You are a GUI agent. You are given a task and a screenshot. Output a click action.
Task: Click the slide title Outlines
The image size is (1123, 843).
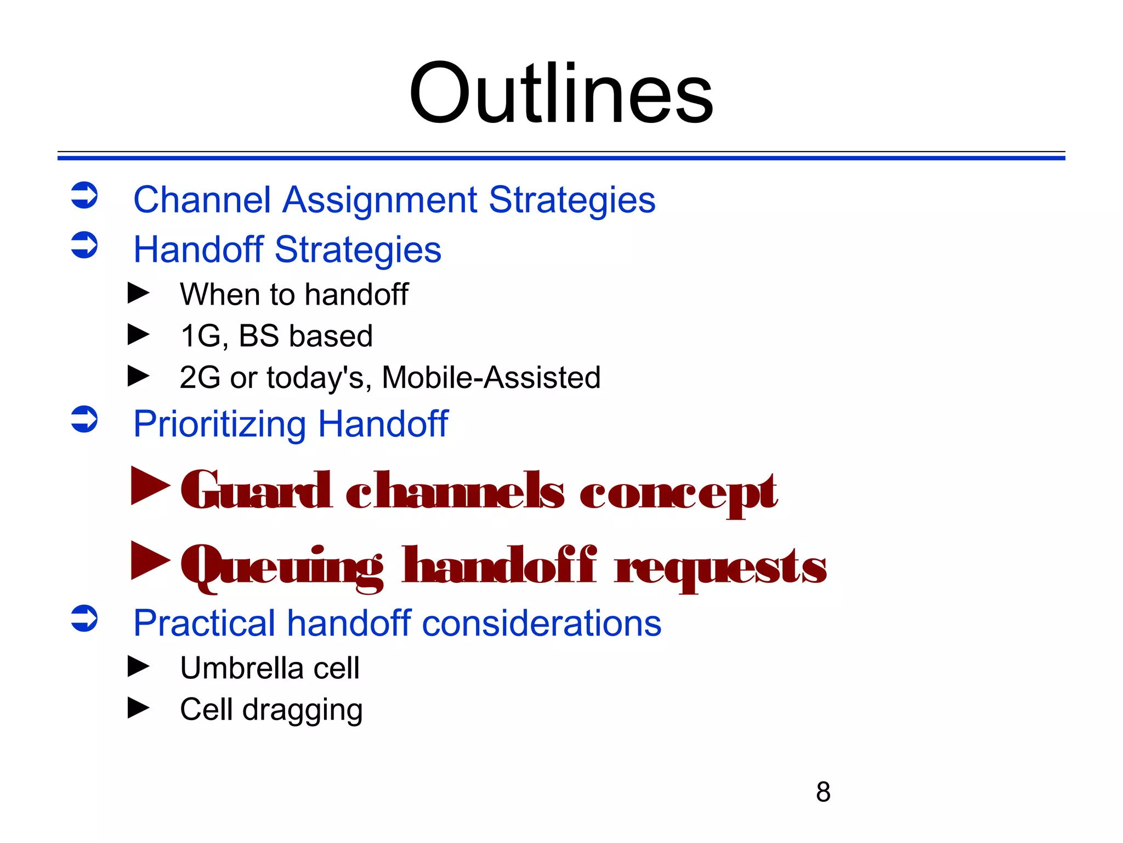click(561, 93)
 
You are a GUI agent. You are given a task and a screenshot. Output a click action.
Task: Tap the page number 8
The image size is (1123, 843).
click(823, 792)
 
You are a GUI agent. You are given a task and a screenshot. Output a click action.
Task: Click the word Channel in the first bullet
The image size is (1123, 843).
click(202, 200)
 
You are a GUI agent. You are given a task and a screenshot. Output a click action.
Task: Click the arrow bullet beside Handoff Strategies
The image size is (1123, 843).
click(84, 245)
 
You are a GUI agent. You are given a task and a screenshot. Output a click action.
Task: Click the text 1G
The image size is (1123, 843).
click(201, 336)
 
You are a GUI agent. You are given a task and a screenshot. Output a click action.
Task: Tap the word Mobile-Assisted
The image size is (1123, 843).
click(491, 378)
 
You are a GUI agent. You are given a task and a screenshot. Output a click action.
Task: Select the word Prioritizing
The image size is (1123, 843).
click(220, 424)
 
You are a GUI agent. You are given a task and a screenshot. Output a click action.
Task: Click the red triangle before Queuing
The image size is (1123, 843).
click(150, 560)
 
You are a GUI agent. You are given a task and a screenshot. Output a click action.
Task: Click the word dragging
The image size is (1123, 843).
click(302, 711)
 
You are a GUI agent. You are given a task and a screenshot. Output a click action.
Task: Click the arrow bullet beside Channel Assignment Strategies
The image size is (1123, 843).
click(84, 195)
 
